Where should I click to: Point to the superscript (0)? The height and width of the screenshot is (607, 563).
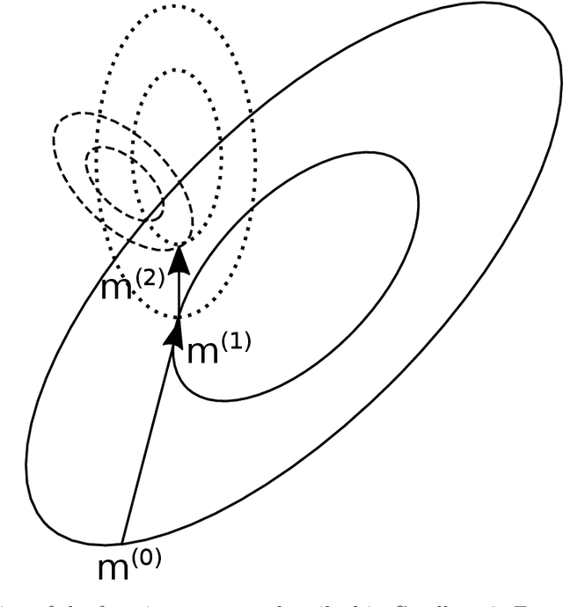click(149, 557)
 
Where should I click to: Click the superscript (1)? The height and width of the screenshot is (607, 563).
click(237, 341)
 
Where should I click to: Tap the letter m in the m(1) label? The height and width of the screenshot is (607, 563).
click(204, 354)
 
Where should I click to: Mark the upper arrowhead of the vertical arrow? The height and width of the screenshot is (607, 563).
click(179, 258)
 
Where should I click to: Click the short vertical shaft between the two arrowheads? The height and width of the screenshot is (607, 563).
click(179, 295)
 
